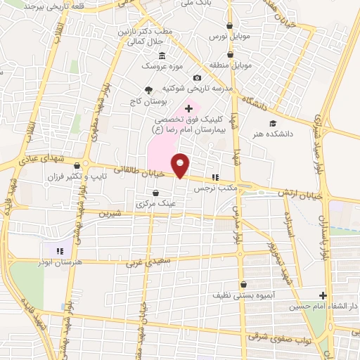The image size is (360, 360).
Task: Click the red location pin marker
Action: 181,165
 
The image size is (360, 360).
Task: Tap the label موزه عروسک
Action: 160,65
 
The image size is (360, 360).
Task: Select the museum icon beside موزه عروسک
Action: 162,55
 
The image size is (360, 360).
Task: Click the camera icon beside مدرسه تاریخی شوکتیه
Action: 197,77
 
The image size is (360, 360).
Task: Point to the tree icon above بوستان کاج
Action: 148,89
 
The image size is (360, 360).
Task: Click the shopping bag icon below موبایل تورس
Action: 230,54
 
